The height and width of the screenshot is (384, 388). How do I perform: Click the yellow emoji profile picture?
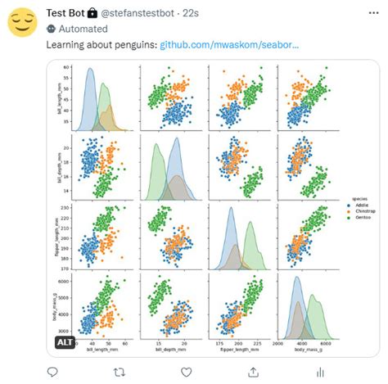click(x=23, y=22)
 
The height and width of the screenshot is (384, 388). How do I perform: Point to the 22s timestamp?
click(x=210, y=13)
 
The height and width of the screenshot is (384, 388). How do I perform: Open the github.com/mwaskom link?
click(x=229, y=43)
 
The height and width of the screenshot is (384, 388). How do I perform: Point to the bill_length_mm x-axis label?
click(x=103, y=351)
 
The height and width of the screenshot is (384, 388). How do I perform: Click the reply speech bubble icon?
click(x=53, y=372)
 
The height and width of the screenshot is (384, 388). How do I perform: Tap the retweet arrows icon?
click(x=120, y=372)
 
